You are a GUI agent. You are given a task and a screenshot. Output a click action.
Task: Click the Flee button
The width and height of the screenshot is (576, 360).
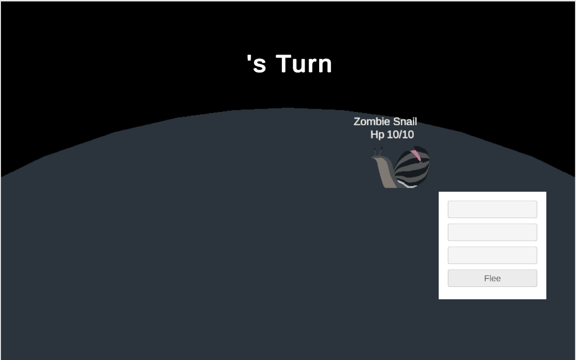click(492, 278)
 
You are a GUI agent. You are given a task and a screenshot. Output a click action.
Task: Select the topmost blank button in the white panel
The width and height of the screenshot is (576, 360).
click(492, 209)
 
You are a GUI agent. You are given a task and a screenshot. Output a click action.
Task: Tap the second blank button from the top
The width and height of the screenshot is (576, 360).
click(492, 232)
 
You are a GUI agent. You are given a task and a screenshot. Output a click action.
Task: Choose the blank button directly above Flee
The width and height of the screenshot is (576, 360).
click(492, 255)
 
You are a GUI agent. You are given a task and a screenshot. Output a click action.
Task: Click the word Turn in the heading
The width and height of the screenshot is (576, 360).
click(304, 64)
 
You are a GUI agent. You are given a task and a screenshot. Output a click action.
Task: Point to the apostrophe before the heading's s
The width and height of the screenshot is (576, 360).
click(249, 59)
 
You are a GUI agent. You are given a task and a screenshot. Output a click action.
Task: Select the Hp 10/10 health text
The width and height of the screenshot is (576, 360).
click(392, 135)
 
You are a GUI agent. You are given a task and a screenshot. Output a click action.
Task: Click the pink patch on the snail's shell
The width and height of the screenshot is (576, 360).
click(416, 155)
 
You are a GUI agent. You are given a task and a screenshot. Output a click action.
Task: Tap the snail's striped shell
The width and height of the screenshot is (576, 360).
click(411, 166)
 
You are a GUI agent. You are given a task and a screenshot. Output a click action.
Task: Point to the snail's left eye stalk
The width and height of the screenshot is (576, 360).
click(375, 152)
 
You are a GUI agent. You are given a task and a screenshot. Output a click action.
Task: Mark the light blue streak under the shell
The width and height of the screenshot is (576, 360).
click(407, 184)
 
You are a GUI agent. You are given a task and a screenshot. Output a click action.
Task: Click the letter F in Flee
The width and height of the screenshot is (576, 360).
click(487, 278)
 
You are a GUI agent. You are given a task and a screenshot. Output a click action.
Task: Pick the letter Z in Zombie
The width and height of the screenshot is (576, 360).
click(357, 121)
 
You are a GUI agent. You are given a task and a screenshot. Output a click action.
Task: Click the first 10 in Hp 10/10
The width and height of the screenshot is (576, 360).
click(392, 135)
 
